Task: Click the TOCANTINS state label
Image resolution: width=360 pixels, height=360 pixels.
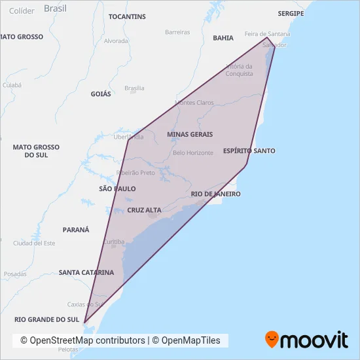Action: [x=127, y=16]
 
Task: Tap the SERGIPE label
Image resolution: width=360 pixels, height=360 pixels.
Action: [x=291, y=13]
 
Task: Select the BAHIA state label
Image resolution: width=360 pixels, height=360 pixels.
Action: [x=223, y=38]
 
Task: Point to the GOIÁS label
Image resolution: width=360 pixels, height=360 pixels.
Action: [x=101, y=94]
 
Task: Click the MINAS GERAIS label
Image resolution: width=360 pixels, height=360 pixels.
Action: [x=190, y=134]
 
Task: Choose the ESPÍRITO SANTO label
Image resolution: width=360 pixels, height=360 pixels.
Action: [x=249, y=151]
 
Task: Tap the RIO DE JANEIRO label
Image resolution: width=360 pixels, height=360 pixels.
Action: [x=216, y=194]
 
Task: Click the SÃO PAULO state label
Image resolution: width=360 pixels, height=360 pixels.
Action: [x=117, y=189]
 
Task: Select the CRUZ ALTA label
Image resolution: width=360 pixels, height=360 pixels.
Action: [x=144, y=210]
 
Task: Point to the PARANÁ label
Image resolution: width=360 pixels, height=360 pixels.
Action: [x=75, y=230]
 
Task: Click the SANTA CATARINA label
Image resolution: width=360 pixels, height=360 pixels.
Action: [x=86, y=272]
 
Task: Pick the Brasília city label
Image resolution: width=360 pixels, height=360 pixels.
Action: [x=134, y=88]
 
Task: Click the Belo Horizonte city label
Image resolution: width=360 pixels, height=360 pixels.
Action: [x=193, y=153]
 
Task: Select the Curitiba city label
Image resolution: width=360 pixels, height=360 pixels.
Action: [x=113, y=241]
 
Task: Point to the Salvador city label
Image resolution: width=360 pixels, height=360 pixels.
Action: [x=274, y=45]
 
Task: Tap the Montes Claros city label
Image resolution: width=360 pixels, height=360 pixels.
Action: [x=195, y=103]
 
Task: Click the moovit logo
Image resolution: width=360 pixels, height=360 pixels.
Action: [x=306, y=339]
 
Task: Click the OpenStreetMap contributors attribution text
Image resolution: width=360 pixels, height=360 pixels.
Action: [x=82, y=340]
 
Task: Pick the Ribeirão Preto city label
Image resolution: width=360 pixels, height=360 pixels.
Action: [x=135, y=173]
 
